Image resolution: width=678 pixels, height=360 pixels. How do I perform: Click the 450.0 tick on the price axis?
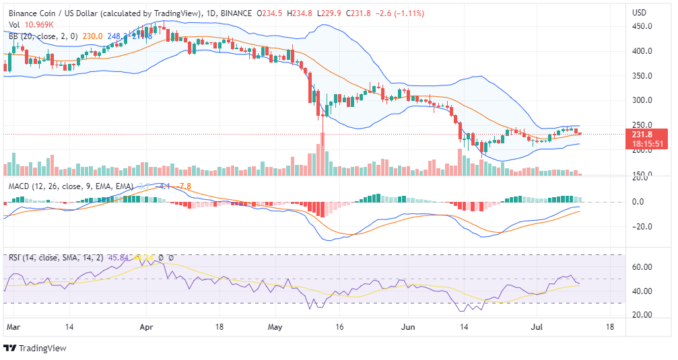tap(641, 26)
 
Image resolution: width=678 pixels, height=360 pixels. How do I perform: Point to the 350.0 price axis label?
tap(641, 76)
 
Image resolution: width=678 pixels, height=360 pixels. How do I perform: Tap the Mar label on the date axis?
tap(13, 326)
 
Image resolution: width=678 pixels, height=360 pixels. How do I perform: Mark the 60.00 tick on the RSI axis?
tap(641, 267)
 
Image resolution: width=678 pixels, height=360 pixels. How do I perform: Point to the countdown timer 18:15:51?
tap(647, 143)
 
